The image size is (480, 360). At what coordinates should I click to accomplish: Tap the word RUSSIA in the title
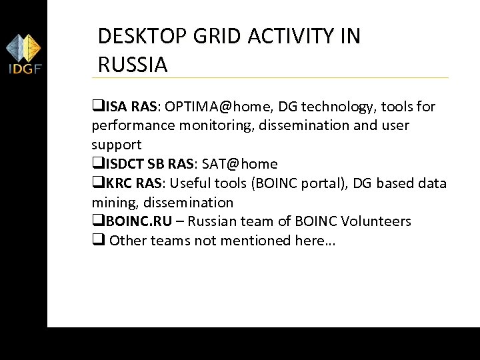point(133,65)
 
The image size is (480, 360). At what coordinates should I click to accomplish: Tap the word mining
point(111,202)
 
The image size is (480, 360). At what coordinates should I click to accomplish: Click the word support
point(116,145)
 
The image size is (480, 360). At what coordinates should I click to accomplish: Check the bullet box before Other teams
point(97,241)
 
